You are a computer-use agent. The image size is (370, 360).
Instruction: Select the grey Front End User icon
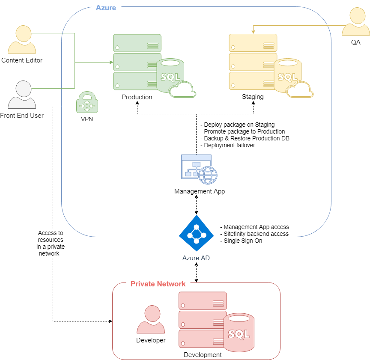pos(22,95)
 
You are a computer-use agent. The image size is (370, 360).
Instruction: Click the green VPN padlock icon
pos(87,102)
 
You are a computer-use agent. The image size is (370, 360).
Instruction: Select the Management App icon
pos(199,169)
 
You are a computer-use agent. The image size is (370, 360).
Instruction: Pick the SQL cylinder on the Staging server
pos(287,76)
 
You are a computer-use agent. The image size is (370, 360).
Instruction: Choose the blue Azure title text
pos(106,8)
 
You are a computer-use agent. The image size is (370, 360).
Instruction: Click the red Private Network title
pos(158,284)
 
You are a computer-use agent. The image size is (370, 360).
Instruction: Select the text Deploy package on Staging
pos(238,125)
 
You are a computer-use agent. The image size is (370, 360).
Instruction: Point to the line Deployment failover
pos(228,145)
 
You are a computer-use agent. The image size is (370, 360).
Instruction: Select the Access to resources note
pos(51,243)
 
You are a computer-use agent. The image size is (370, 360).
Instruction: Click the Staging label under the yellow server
pos(253,97)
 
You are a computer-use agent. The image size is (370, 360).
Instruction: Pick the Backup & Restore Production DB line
pos(245,138)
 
